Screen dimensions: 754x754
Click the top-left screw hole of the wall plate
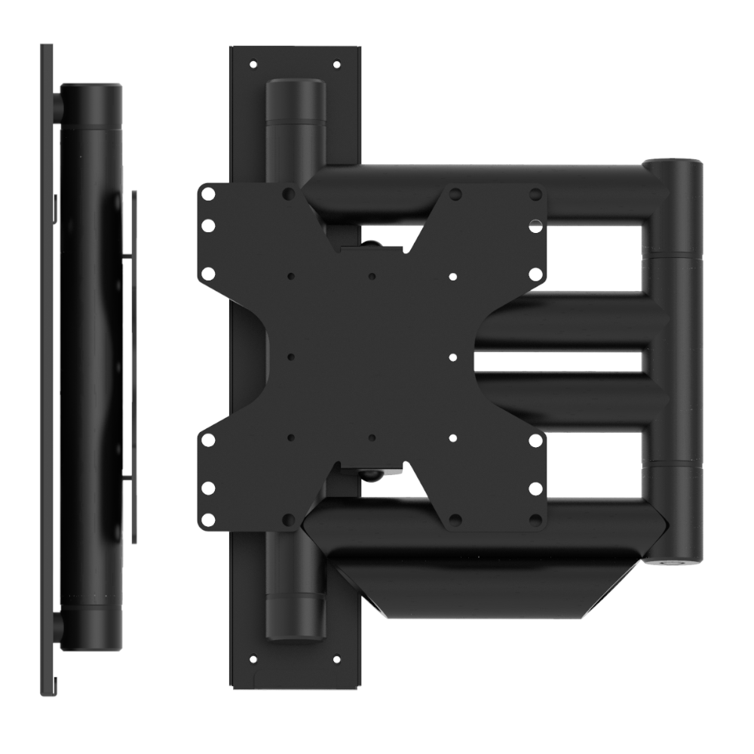[253, 65]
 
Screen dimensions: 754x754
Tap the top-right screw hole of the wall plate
[337, 65]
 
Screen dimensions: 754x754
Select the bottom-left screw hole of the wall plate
[253, 659]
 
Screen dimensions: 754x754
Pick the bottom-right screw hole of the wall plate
[337, 659]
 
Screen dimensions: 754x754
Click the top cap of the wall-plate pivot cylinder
[295, 94]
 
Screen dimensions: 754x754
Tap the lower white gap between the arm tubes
[596, 464]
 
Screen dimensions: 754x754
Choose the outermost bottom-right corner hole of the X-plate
[535, 520]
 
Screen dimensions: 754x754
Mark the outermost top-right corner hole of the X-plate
[535, 193]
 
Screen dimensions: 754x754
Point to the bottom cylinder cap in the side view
[90, 630]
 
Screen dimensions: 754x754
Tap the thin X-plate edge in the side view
[134, 362]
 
